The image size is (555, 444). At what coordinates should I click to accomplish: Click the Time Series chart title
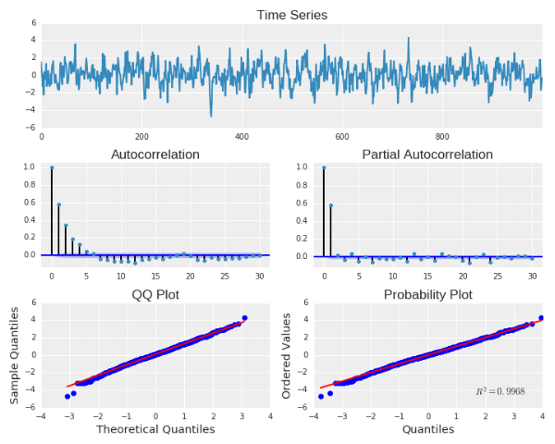pyautogui.click(x=291, y=14)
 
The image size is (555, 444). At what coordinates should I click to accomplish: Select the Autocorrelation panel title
pyautogui.click(x=155, y=154)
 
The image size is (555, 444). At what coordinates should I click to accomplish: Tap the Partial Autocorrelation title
pyautogui.click(x=427, y=154)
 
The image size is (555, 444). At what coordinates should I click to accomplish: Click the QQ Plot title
pyautogui.click(x=155, y=294)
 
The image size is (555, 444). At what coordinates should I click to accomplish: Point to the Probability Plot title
pyautogui.click(x=427, y=294)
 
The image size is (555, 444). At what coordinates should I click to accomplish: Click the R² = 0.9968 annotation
pyautogui.click(x=500, y=391)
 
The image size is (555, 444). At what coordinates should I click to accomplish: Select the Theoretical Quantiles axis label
pyautogui.click(x=155, y=429)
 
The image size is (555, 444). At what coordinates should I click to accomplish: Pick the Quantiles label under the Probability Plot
pyautogui.click(x=427, y=429)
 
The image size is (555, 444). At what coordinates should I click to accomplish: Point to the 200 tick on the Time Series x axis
pyautogui.click(x=142, y=136)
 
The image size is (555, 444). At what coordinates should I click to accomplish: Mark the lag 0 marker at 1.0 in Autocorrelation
pyautogui.click(x=52, y=167)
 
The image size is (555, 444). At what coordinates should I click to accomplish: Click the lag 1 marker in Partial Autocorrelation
pyautogui.click(x=330, y=204)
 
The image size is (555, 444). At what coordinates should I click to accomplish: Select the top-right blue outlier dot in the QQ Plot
pyautogui.click(x=245, y=318)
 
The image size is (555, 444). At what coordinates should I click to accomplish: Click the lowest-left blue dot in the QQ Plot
pyautogui.click(x=68, y=396)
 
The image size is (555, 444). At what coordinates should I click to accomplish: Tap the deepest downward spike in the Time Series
pyautogui.click(x=211, y=116)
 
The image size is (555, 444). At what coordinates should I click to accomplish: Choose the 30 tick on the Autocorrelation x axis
pyautogui.click(x=260, y=276)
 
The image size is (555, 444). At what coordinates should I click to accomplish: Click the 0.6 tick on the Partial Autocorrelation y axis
pyautogui.click(x=308, y=202)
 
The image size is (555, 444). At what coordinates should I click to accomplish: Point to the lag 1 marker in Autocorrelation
pyautogui.click(x=58, y=204)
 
